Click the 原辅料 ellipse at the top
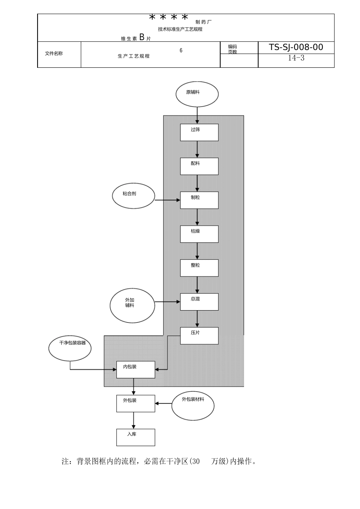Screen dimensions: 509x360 [197, 94]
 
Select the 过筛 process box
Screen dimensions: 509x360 [199, 132]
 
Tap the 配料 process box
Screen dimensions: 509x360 [199, 166]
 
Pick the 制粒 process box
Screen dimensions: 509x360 [199, 200]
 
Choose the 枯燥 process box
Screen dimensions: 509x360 [199, 234]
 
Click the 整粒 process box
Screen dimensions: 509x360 [199, 268]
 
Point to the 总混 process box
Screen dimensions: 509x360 [199, 302]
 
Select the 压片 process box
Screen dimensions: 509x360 [199, 336]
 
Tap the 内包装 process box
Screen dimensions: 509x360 [135, 370]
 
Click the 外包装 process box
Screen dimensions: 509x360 [135, 403]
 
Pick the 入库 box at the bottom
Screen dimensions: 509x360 [135, 437]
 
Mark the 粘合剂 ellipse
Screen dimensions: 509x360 [134, 197]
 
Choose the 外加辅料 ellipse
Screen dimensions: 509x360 [132, 305]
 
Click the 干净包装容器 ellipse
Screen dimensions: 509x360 [70, 348]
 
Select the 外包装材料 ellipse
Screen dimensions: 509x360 [193, 406]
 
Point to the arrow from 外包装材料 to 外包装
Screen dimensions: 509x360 [164, 404]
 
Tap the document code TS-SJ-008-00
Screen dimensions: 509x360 [296, 47]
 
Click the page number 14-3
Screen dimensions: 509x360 [296, 58]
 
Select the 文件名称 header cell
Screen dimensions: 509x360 [54, 54]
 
